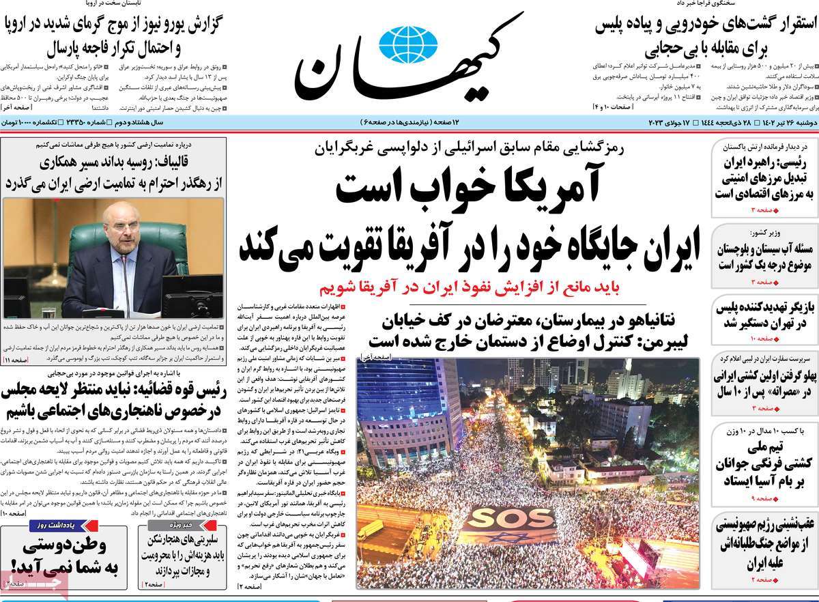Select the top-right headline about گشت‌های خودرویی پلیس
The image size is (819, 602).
(703, 38)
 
